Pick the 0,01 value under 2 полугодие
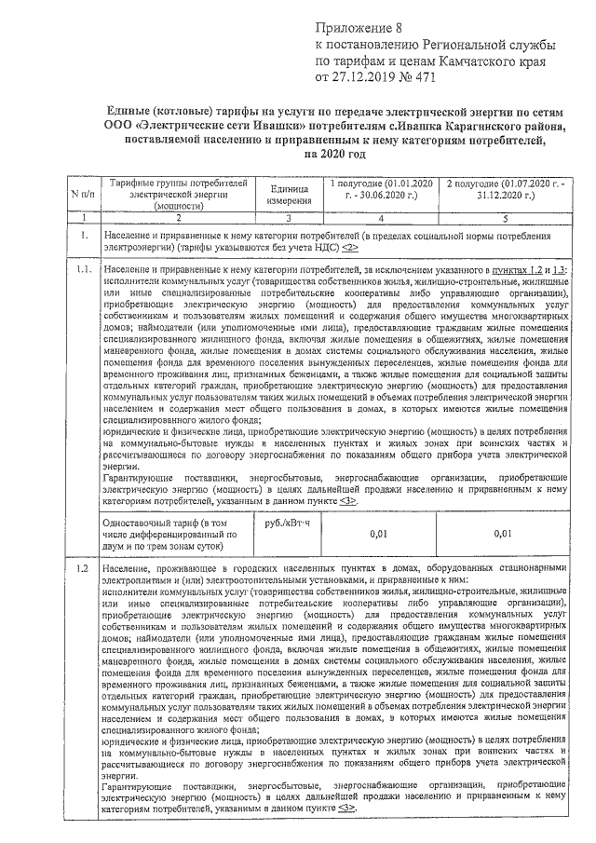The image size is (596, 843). (x=503, y=534)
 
